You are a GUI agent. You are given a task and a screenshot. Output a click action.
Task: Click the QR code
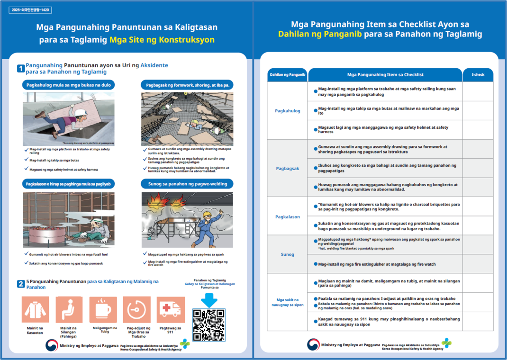point(208,325)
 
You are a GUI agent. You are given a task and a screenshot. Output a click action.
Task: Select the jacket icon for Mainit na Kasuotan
point(35,310)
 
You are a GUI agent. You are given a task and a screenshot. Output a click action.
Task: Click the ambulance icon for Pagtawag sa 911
point(171,310)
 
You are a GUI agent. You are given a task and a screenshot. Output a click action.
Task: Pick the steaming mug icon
point(103,310)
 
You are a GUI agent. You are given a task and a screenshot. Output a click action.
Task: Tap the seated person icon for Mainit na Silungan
point(69,310)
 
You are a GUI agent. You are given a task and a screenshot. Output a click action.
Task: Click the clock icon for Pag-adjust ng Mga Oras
point(136,310)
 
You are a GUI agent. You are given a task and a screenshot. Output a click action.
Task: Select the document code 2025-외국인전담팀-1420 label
point(30,10)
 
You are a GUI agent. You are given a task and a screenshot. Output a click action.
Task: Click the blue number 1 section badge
point(21,69)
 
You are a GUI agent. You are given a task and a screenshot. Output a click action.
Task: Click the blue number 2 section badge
point(21,284)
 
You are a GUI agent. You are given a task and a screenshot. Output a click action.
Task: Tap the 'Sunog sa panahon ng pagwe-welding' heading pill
point(187,184)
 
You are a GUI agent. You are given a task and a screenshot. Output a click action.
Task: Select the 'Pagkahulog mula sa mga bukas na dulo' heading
point(69,85)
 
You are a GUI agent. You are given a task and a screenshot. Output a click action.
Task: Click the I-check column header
point(478,75)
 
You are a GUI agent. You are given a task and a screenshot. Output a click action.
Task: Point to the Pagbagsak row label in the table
point(288,168)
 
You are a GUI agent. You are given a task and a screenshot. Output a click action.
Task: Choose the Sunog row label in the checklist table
point(288,254)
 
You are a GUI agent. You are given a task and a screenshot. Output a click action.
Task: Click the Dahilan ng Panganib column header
point(288,75)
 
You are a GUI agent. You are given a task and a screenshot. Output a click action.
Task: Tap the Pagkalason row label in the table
point(288,216)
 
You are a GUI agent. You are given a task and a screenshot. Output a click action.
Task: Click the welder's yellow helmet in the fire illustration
point(207,214)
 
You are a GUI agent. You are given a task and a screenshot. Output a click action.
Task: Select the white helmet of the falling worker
point(81,111)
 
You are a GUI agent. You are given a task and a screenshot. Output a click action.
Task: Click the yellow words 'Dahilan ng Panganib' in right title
point(320,34)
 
